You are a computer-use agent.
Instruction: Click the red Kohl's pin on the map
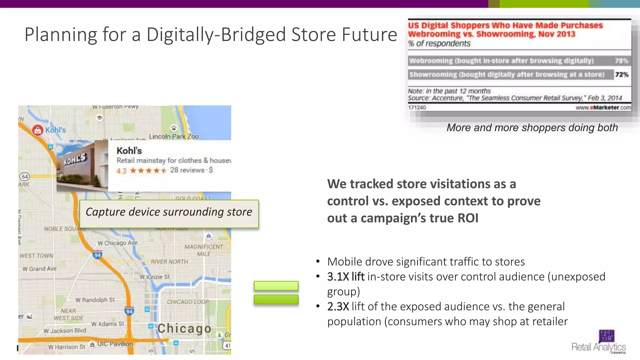tap(38, 130)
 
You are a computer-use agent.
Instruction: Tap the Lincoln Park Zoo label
tap(174, 137)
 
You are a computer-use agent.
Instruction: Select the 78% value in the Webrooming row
tap(621, 61)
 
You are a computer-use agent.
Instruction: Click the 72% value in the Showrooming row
tap(622, 74)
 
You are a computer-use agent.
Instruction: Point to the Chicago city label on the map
tap(184, 328)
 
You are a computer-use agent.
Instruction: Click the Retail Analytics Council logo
tap(599, 342)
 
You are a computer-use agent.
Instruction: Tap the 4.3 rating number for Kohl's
tap(121, 171)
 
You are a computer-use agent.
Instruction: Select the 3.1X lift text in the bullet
tap(346, 277)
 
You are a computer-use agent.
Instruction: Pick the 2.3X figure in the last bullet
tap(338, 307)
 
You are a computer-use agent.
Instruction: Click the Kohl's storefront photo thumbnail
tap(82, 166)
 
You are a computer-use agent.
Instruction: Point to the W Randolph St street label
tap(95, 300)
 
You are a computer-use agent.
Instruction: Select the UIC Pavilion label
tap(115, 344)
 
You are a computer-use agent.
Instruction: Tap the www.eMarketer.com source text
tap(603, 107)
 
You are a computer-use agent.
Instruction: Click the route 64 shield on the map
tap(25, 177)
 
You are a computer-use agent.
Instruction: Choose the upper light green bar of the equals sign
tap(276, 286)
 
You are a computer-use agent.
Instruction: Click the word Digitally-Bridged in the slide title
tap(216, 34)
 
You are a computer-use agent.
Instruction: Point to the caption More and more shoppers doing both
tap(532, 127)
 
